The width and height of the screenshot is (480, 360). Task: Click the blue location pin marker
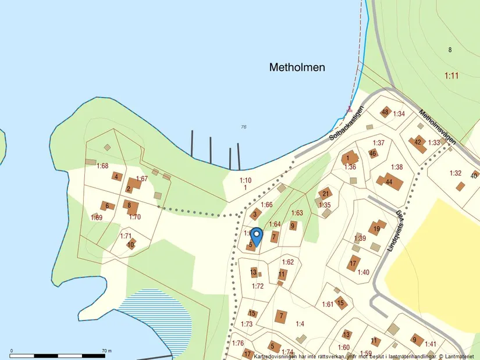[x=256, y=236]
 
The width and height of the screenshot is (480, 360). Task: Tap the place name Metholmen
[x=297, y=67]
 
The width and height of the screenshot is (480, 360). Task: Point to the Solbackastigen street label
[x=346, y=123]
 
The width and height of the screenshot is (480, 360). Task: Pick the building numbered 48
[x=385, y=112]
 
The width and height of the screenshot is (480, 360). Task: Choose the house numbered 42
[x=419, y=143]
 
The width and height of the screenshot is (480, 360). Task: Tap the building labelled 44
[x=388, y=181]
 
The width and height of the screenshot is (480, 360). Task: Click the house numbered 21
[x=325, y=194]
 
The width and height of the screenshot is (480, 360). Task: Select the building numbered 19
[x=377, y=228]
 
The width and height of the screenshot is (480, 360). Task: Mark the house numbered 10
[x=131, y=244]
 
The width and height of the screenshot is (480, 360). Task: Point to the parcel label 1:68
[x=102, y=166]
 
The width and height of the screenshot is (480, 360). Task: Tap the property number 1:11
[x=451, y=76]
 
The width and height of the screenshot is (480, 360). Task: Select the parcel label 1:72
[x=258, y=286]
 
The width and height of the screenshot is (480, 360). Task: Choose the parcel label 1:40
[x=363, y=272]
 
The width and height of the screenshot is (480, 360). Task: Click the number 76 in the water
[x=244, y=127]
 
